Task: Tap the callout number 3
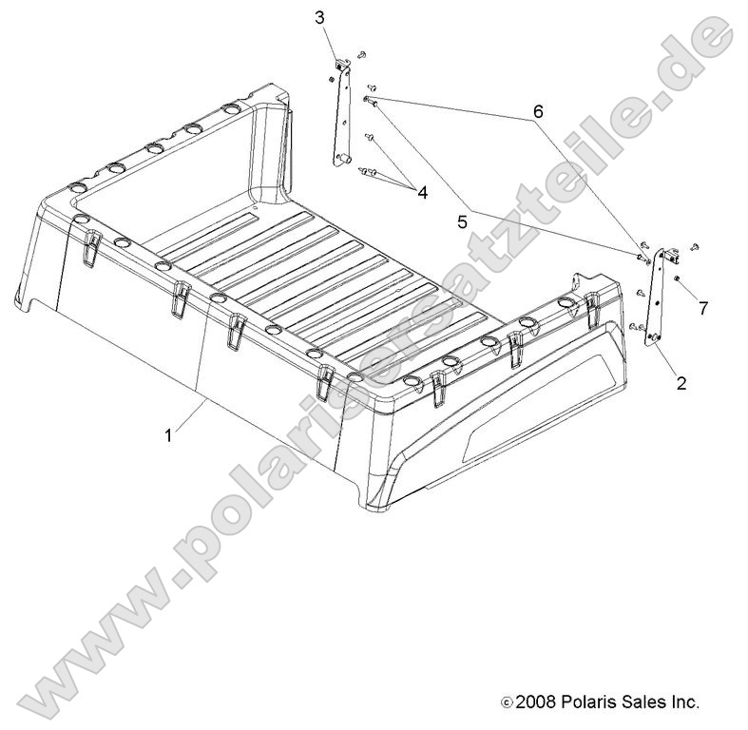click(319, 17)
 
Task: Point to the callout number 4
click(422, 192)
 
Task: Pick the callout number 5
click(462, 222)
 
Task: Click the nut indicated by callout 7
click(676, 279)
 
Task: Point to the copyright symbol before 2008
click(506, 703)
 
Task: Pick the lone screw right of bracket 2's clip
click(694, 245)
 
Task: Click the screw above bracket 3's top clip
click(361, 54)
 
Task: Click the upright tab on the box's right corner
click(576, 286)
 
